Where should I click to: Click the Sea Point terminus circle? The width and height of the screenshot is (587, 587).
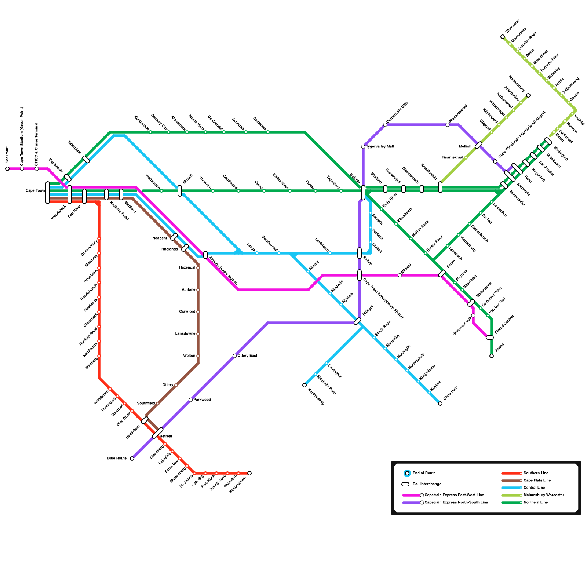[7, 169]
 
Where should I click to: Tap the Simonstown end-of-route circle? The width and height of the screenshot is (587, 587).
[249, 473]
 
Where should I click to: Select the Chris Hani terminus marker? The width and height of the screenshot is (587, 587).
[440, 404]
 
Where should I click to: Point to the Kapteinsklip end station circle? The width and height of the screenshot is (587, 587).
[305, 385]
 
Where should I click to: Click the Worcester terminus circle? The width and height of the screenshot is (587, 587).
[503, 37]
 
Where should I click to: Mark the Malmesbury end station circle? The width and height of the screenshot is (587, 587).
[528, 95]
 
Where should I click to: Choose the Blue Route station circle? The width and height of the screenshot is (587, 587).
[132, 459]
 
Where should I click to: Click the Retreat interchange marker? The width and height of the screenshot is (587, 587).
[158, 433]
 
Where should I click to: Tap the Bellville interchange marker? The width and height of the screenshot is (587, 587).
[363, 192]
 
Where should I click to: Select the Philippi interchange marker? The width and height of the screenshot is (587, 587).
[358, 321]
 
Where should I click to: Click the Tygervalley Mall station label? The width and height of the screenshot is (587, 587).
[380, 147]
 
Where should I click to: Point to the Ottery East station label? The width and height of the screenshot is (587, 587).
[247, 356]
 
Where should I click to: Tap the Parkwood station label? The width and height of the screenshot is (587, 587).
[202, 400]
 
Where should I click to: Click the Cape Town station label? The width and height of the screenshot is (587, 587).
[35, 191]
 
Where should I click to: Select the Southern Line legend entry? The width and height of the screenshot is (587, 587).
[536, 473]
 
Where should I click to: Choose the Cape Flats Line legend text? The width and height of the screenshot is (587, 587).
[537, 481]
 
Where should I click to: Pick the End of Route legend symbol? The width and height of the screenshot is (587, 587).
[407, 473]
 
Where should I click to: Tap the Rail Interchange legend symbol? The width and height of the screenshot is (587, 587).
[405, 484]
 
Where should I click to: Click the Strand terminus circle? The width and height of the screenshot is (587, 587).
[492, 356]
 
